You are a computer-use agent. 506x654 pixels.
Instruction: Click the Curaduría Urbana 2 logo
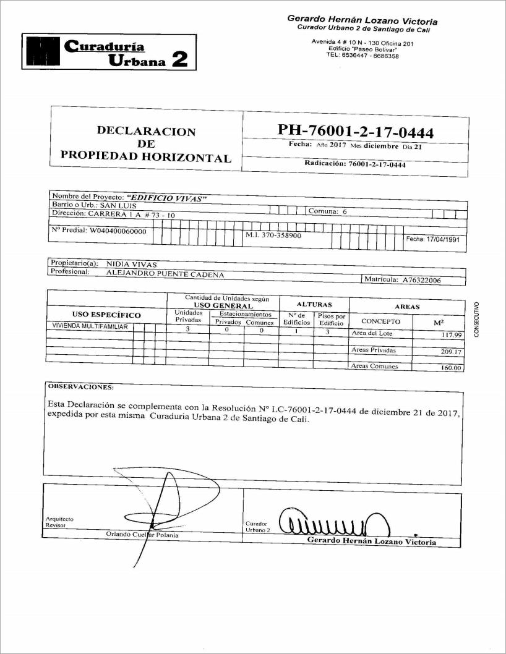pos(108,52)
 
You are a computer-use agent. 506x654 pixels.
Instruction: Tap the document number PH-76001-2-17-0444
pos(356,132)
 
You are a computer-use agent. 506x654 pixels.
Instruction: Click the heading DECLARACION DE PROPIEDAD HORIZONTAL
pos(146,143)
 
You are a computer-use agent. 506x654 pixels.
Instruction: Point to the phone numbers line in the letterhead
pos(362,56)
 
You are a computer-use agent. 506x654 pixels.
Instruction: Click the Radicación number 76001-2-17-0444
pos(377,164)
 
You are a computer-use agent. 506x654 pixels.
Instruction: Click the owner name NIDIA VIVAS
pos(132,263)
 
